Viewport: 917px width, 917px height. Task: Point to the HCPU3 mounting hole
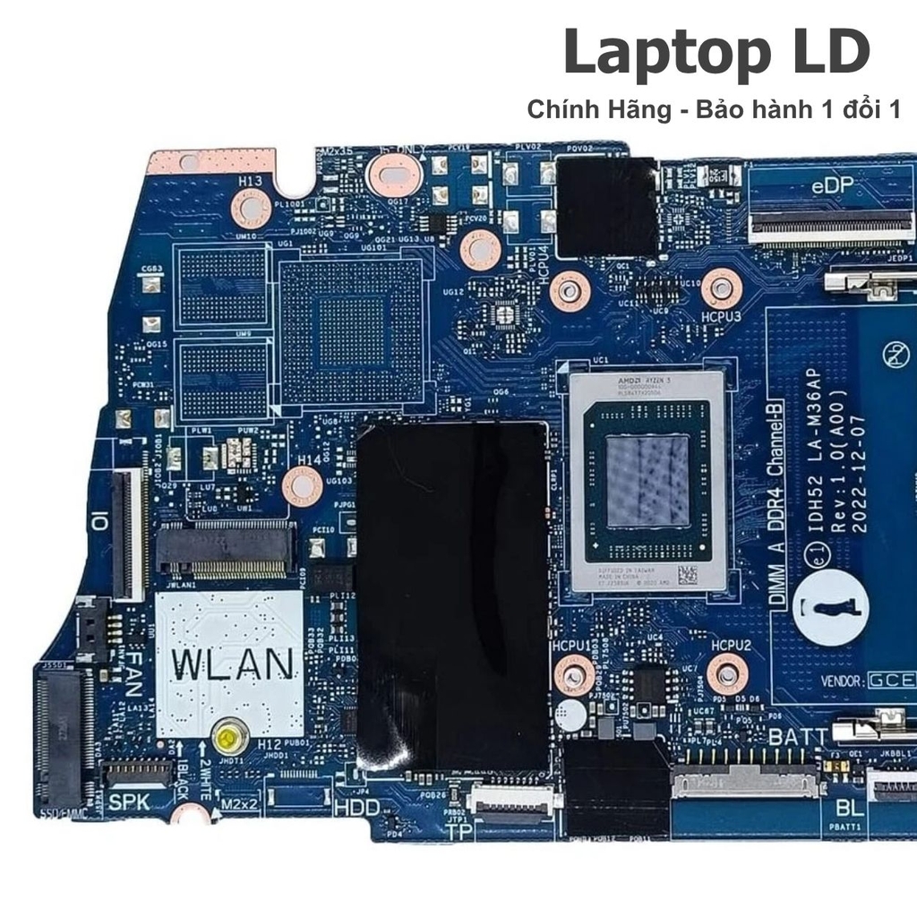point(722,288)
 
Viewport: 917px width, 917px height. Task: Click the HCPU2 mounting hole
point(726,672)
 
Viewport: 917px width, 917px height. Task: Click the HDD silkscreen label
point(356,807)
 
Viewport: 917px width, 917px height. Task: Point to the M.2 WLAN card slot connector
point(226,548)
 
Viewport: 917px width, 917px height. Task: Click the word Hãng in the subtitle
point(645,110)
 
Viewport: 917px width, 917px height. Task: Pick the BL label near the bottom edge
point(847,809)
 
